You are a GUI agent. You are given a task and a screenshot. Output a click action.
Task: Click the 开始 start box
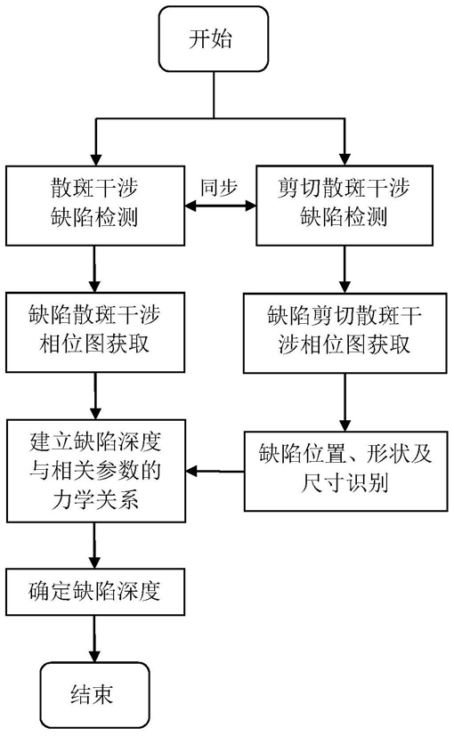(x=214, y=39)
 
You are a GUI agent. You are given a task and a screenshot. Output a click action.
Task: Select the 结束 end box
(x=94, y=695)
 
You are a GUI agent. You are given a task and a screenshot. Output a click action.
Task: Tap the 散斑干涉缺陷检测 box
(x=95, y=205)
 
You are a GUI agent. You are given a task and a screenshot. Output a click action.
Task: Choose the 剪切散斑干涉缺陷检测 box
(x=345, y=205)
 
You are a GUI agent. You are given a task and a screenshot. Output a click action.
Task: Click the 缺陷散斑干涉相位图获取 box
(x=95, y=332)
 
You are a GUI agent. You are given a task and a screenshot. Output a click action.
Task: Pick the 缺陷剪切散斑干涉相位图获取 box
(x=345, y=333)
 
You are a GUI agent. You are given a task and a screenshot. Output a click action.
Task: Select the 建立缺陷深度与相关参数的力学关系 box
(x=96, y=471)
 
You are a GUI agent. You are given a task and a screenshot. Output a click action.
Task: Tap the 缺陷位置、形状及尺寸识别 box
(x=345, y=471)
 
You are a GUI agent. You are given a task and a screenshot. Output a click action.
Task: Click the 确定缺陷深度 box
(x=95, y=592)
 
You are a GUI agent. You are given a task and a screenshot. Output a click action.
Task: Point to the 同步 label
(x=219, y=187)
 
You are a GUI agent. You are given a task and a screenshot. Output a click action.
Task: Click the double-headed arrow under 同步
(x=220, y=206)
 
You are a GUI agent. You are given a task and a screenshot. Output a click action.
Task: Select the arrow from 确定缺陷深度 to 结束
(x=95, y=639)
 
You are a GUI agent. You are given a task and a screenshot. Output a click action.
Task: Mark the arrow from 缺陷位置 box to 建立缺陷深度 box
(x=215, y=471)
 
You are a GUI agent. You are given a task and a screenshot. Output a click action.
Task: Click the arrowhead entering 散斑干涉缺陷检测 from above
(x=96, y=158)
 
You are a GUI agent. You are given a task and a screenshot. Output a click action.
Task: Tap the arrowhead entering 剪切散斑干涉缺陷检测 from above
(x=345, y=158)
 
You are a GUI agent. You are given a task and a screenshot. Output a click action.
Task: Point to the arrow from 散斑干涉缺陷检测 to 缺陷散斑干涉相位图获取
(x=95, y=269)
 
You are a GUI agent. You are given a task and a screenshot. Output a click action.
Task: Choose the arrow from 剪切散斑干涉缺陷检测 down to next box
(x=345, y=270)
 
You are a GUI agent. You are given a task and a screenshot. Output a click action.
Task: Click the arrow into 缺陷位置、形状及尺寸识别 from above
(x=345, y=402)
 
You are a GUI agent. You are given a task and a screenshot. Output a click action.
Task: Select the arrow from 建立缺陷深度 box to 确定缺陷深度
(x=95, y=546)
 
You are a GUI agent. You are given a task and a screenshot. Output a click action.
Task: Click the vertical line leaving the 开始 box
(x=214, y=95)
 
